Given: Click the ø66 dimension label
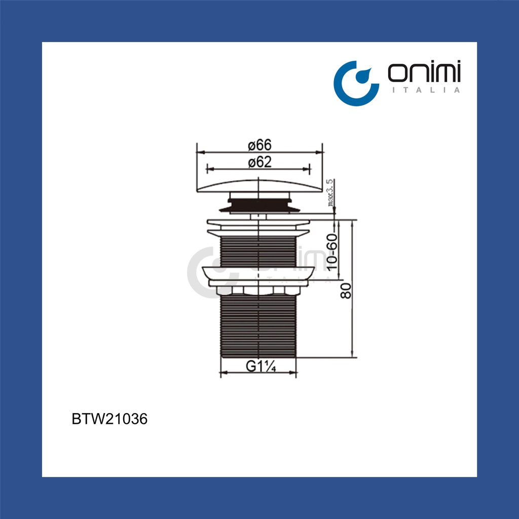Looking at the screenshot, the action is coord(260,145).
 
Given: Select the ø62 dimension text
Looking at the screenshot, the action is coord(260,162).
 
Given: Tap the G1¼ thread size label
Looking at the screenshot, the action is coord(261,366).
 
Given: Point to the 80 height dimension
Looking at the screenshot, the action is coord(346,290).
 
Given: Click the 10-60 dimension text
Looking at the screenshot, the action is coord(332,252).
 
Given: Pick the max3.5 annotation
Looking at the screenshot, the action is coord(330,193).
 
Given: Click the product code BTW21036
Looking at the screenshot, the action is coord(109,419).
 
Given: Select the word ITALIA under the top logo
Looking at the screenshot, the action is coord(426,90).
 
